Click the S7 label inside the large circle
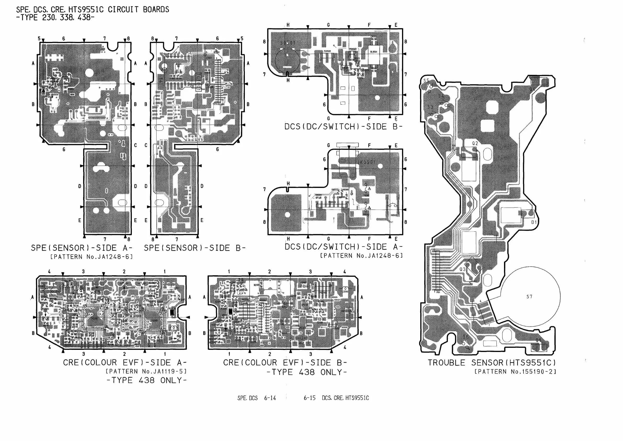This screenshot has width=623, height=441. [x=529, y=296]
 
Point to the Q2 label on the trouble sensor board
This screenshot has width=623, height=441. [x=475, y=143]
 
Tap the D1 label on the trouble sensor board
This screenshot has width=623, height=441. [x=534, y=222]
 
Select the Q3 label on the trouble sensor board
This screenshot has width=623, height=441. [x=462, y=269]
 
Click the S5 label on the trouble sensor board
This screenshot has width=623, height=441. [x=426, y=81]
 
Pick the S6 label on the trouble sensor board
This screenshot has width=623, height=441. [x=466, y=337]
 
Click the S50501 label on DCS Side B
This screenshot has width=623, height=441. [x=288, y=43]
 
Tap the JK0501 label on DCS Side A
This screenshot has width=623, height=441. [x=366, y=162]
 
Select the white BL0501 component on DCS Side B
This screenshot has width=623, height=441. [x=374, y=55]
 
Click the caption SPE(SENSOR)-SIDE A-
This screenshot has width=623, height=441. [x=81, y=248]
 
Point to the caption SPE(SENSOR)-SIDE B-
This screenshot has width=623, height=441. [x=195, y=248]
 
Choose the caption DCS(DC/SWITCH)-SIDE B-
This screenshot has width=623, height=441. [x=343, y=127]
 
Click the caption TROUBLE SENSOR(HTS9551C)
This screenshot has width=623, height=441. [x=492, y=362]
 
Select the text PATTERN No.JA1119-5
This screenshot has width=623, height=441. [x=146, y=371]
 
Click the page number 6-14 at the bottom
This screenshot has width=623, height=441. [x=270, y=398]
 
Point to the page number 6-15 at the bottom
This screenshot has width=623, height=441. [x=309, y=398]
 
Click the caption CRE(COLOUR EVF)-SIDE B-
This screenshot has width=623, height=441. [x=285, y=362]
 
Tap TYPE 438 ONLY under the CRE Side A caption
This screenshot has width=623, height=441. [x=146, y=380]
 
